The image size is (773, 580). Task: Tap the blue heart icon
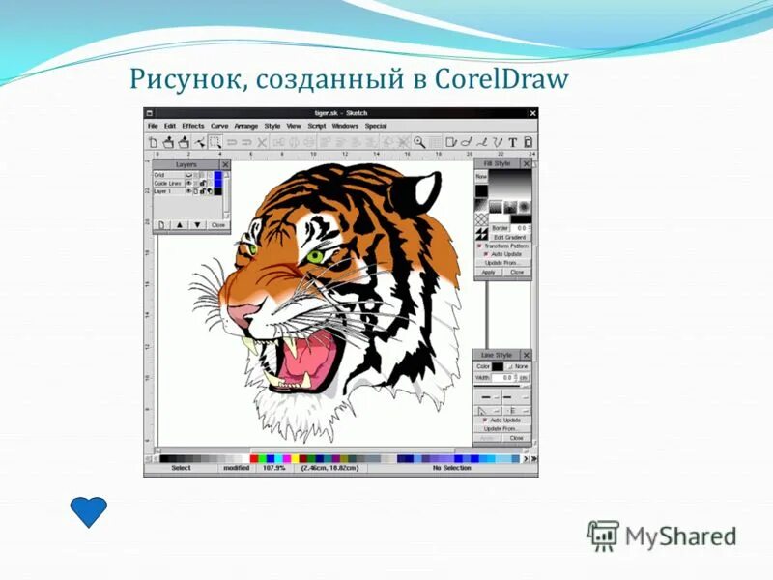tap(90, 511)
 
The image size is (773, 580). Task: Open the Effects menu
tap(193, 126)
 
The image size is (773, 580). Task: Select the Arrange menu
tap(246, 126)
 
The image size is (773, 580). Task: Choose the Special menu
tap(376, 126)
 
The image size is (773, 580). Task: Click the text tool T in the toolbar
tap(512, 142)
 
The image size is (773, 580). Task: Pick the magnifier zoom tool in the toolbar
tap(419, 142)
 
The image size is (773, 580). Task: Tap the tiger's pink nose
tap(242, 311)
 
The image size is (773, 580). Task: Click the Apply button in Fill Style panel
tap(488, 272)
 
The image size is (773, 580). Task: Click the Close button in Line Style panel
tap(517, 437)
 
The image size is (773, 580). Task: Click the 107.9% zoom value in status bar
tap(273, 468)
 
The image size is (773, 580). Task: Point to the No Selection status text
tap(451, 468)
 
